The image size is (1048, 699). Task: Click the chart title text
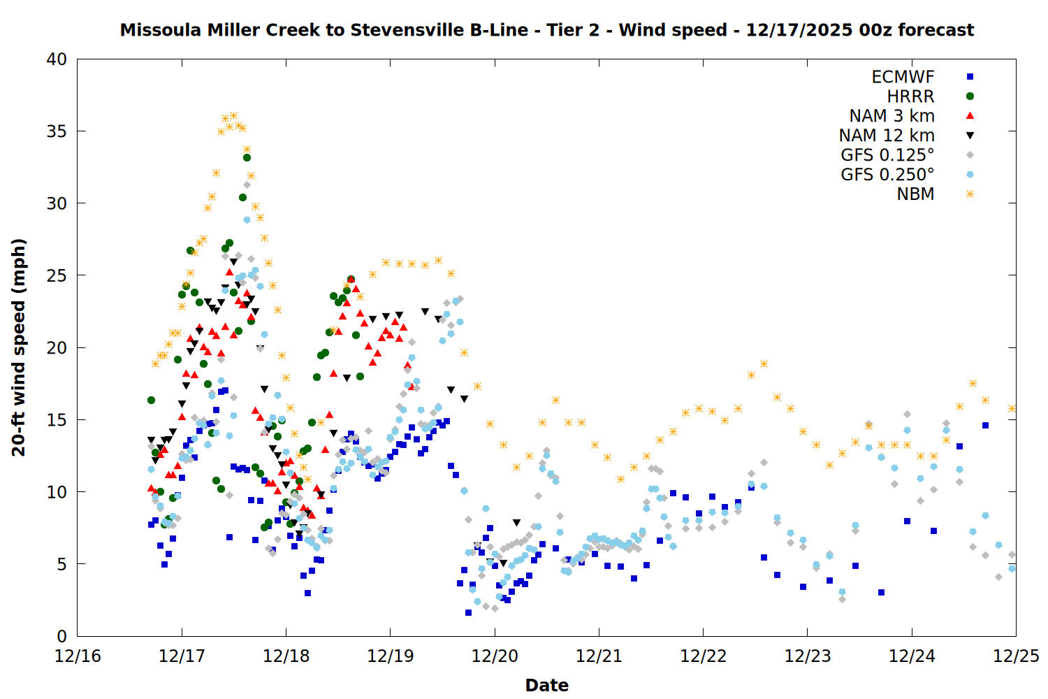coord(547,30)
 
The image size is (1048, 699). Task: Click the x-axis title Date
coord(546,685)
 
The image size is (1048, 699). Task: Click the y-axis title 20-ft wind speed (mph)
coord(19,347)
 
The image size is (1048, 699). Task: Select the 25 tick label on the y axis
coord(57,276)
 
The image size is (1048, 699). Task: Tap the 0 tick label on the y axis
coord(61,636)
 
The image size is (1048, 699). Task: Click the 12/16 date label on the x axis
coord(78,656)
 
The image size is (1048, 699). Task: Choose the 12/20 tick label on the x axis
coord(495,656)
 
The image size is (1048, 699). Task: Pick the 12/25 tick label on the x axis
coord(1016,656)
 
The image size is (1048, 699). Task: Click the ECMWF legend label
coord(903,77)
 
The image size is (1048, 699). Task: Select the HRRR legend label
coord(910,96)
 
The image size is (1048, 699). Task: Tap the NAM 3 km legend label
coord(891,116)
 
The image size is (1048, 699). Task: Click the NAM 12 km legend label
coord(887,136)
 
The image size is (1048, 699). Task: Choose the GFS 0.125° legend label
coord(887,155)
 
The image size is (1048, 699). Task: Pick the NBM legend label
coord(915,194)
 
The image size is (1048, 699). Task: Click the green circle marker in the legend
coord(970,96)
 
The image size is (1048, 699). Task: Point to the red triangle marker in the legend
coord(970,115)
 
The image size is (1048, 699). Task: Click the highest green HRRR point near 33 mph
coord(247,157)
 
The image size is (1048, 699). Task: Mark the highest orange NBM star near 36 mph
coord(234,116)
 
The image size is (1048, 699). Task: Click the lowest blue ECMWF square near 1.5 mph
coord(468,612)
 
